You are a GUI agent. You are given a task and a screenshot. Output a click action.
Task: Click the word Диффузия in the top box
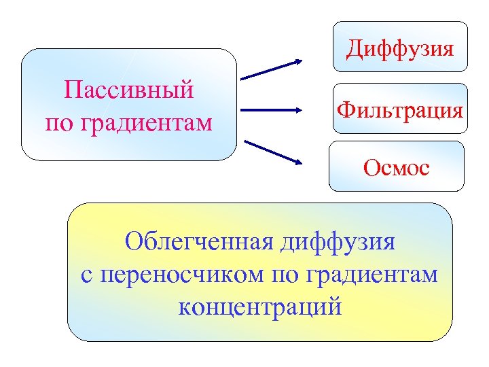399,49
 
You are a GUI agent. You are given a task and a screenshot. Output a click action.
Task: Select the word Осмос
397,167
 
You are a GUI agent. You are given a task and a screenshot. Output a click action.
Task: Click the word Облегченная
192,241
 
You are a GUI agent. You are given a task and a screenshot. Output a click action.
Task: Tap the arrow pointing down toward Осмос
272,152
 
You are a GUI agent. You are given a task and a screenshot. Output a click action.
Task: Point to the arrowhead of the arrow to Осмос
297,162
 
